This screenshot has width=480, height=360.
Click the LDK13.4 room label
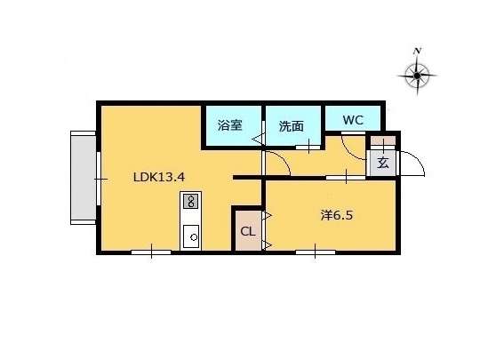click(x=159, y=177)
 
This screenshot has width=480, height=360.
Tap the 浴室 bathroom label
click(x=230, y=125)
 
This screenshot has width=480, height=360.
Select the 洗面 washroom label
click(x=292, y=126)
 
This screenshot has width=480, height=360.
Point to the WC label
click(x=353, y=120)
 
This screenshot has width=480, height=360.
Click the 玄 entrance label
click(x=382, y=163)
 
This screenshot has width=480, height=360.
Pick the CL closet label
click(x=248, y=231)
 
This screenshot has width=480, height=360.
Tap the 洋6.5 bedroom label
click(x=337, y=215)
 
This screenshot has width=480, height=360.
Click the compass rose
click(x=417, y=76)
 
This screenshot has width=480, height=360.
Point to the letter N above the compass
click(x=417, y=52)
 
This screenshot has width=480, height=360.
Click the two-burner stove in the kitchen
click(x=190, y=201)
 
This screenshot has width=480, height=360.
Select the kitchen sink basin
click(x=191, y=236)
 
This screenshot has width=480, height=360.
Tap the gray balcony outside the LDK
click(x=84, y=178)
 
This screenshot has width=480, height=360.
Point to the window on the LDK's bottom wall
click(x=151, y=252)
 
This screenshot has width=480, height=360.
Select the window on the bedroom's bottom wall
click(x=316, y=252)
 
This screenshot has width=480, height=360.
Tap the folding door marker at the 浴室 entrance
click(x=258, y=140)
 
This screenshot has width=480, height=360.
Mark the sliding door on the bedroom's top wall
click(x=346, y=178)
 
